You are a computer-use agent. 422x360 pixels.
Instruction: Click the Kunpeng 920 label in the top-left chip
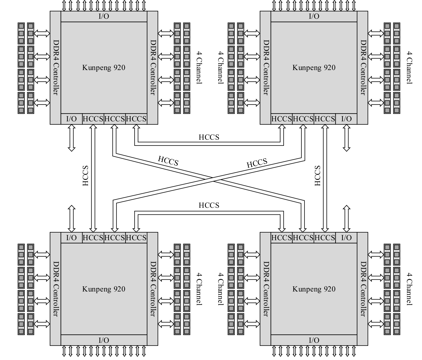pos(104,67)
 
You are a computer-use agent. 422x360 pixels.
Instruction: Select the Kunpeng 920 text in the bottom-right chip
pos(314,289)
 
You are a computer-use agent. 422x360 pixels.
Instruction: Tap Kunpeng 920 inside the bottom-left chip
pos(104,289)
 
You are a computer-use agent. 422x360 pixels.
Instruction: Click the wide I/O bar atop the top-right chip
pos(314,16)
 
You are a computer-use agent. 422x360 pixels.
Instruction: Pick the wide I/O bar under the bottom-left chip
pos(104,340)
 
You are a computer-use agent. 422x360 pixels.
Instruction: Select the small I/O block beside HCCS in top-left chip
pos(72,119)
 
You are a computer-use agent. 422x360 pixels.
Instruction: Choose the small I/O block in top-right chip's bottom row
pos(346,119)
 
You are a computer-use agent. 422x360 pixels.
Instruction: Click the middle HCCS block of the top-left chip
pos(114,119)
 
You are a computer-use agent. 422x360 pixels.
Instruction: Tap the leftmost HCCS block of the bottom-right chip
pos(281,238)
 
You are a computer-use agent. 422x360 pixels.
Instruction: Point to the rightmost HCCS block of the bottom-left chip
pos(136,238)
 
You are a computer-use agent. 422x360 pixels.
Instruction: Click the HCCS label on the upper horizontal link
pos(209,137)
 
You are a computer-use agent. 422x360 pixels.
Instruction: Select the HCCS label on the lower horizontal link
pos(209,205)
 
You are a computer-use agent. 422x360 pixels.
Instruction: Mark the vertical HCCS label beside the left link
pos(86,176)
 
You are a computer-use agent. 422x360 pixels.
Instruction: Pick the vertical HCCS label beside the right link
pos(317,176)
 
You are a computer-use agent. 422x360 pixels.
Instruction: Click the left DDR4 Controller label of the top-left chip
pos(56,67)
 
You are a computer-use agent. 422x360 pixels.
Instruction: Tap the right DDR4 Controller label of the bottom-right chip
pos(363,289)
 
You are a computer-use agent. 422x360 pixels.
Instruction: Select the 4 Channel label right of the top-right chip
pos(409,67)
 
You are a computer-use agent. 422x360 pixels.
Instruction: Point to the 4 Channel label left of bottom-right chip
pos(220,289)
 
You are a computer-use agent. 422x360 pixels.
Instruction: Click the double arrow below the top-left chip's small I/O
pos(72,138)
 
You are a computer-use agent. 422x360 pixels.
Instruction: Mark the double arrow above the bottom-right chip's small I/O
pos(346,219)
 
